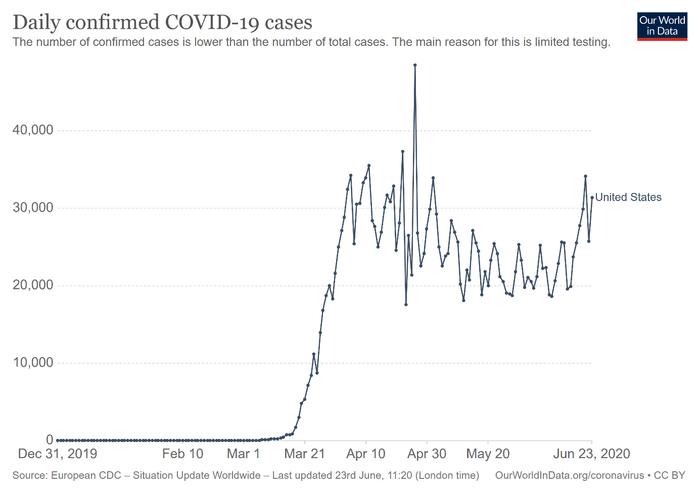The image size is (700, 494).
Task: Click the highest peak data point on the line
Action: [415, 65]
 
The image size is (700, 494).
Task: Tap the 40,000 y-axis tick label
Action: [33, 130]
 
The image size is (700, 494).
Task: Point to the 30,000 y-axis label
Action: [33, 208]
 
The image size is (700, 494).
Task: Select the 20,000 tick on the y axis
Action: [33, 285]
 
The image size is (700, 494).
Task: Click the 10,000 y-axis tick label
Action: [33, 363]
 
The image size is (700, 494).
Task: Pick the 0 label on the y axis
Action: [50, 440]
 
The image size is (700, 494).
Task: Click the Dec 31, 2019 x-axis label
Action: [58, 454]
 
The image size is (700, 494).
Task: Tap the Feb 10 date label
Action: [182, 454]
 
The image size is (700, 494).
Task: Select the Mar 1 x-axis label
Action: [243, 454]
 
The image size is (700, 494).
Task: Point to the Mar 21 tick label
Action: [304, 454]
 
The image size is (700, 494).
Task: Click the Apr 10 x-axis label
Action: [365, 454]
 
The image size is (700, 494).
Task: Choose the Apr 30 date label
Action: [427, 454]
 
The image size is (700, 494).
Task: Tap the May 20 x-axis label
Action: [488, 454]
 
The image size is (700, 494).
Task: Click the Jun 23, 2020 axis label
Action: [591, 454]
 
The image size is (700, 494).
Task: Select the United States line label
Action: [628, 197]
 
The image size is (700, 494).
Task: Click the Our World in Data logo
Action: [662, 26]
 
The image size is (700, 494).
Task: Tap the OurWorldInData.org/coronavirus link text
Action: [570, 475]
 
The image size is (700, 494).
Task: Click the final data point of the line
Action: [592, 197]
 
